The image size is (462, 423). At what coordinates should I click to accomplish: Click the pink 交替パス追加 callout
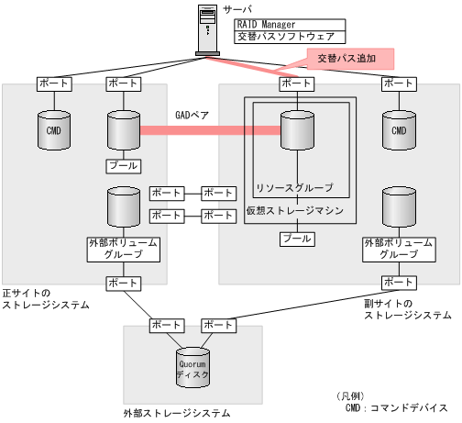point(349,58)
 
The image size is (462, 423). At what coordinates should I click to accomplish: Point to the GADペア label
point(192,117)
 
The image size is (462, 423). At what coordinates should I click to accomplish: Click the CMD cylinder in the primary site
point(52,130)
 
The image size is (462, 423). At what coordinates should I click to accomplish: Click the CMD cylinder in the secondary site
point(398,130)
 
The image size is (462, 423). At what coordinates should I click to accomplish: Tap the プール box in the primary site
point(123,166)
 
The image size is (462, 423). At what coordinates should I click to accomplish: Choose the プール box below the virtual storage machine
point(294,239)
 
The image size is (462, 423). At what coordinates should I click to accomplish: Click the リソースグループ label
point(293,187)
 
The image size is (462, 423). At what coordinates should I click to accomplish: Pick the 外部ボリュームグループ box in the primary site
point(123,249)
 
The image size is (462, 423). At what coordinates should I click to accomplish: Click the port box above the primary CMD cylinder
point(53,83)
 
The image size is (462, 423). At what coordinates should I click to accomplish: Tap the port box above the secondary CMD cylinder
point(398,83)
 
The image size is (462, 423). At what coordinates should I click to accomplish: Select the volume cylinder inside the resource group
point(294,130)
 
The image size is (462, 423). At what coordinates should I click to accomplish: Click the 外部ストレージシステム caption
point(177,414)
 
